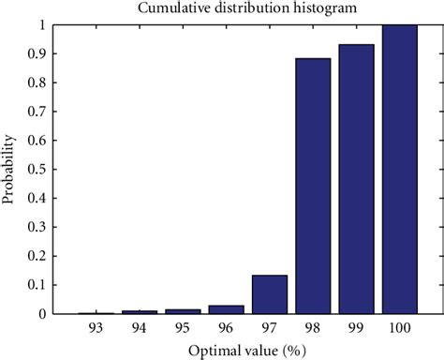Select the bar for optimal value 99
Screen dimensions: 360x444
(x=356, y=179)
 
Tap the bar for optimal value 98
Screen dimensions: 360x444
(x=313, y=187)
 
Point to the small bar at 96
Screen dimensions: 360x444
(x=227, y=309)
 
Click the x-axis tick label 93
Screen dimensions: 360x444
(x=96, y=327)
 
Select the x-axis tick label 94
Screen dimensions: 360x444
(x=140, y=327)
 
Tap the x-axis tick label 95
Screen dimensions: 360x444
(x=184, y=327)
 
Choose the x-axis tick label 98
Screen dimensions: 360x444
(x=313, y=327)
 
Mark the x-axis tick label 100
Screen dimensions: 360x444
(x=400, y=327)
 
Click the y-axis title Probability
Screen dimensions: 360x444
(x=11, y=170)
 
